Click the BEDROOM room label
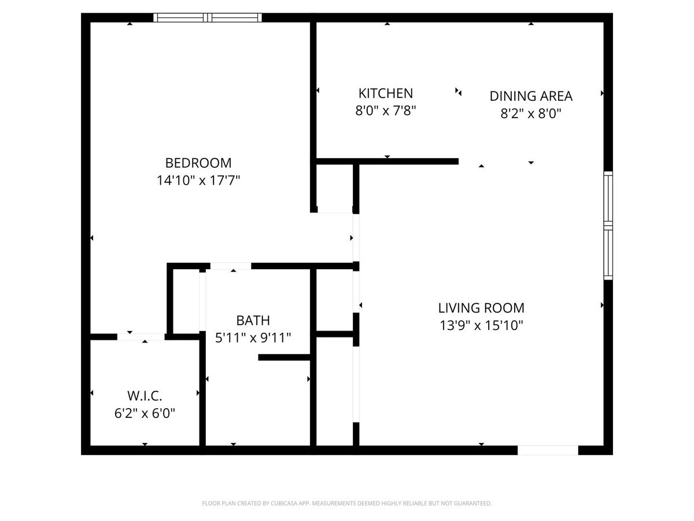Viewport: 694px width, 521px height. coord(198,163)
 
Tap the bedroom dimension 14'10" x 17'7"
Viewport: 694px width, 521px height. coord(198,181)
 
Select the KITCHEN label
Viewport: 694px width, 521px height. coord(386,93)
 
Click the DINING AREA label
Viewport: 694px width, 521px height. coord(531,96)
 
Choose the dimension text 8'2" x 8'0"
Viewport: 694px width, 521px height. coord(531,113)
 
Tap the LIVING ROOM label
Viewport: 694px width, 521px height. coord(481,308)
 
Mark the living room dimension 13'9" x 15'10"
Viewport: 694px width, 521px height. coord(481,325)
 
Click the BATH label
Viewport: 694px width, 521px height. coord(253,320)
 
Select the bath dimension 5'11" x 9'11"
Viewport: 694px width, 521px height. coord(253,337)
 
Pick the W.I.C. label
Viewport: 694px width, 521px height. coord(145,397)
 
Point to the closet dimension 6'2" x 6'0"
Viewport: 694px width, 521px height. coord(145,413)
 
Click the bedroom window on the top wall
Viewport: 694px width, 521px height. coord(208,18)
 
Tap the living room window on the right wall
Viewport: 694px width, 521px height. coord(608,226)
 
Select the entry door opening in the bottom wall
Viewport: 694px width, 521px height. coord(548,450)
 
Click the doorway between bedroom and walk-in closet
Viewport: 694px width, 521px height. coord(141,336)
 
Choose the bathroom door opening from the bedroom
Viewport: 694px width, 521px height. coord(231,266)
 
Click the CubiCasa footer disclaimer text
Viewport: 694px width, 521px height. coord(347,504)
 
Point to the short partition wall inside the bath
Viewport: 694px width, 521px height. coord(285,357)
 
